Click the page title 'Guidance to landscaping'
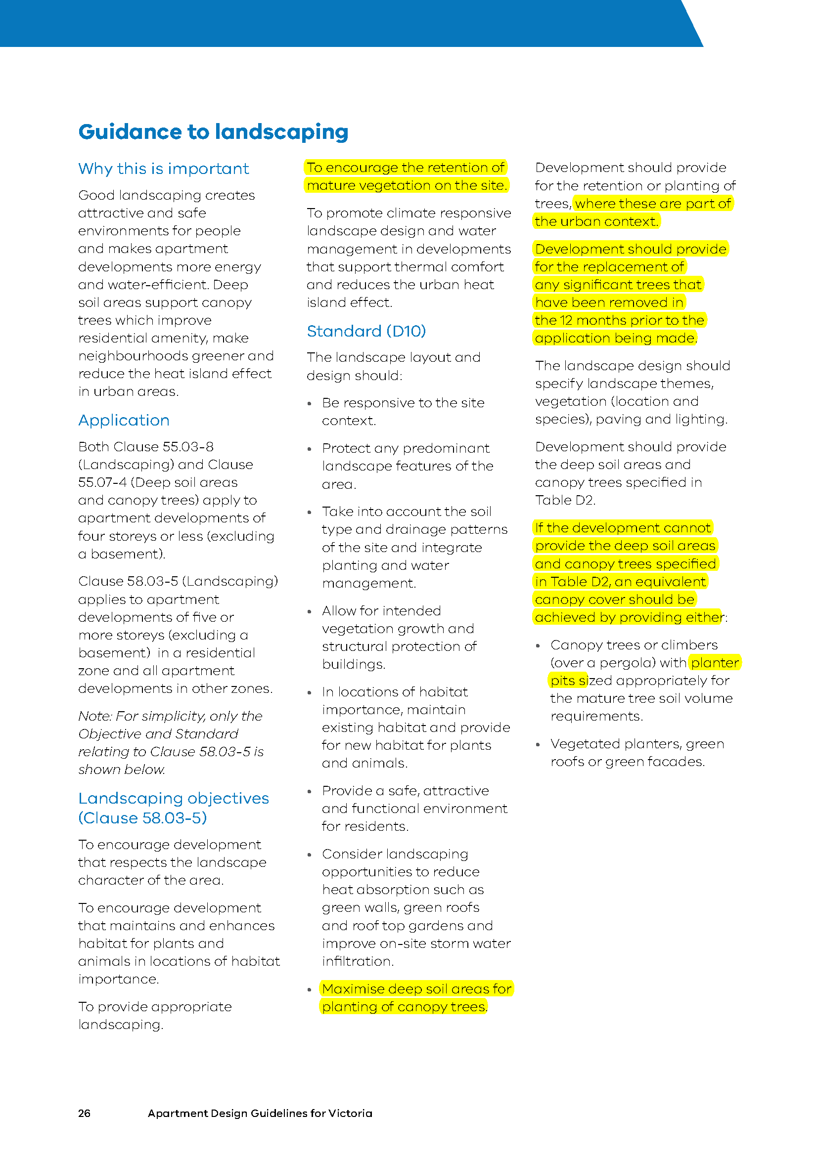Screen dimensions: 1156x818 [213, 132]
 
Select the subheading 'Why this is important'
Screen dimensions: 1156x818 [163, 169]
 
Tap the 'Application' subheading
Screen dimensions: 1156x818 [124, 421]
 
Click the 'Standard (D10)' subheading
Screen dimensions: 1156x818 [366, 331]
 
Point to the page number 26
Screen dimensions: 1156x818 [84, 1113]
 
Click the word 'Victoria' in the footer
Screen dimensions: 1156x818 [350, 1113]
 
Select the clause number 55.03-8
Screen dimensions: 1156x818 [186, 447]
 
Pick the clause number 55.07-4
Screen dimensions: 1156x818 [102, 482]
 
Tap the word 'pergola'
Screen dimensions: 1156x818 [628, 663]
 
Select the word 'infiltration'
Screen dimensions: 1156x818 [358, 962]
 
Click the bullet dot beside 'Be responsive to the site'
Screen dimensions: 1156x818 [310, 404]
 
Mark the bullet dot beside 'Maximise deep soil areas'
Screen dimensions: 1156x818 [310, 990]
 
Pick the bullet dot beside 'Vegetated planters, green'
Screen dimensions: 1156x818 [538, 745]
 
